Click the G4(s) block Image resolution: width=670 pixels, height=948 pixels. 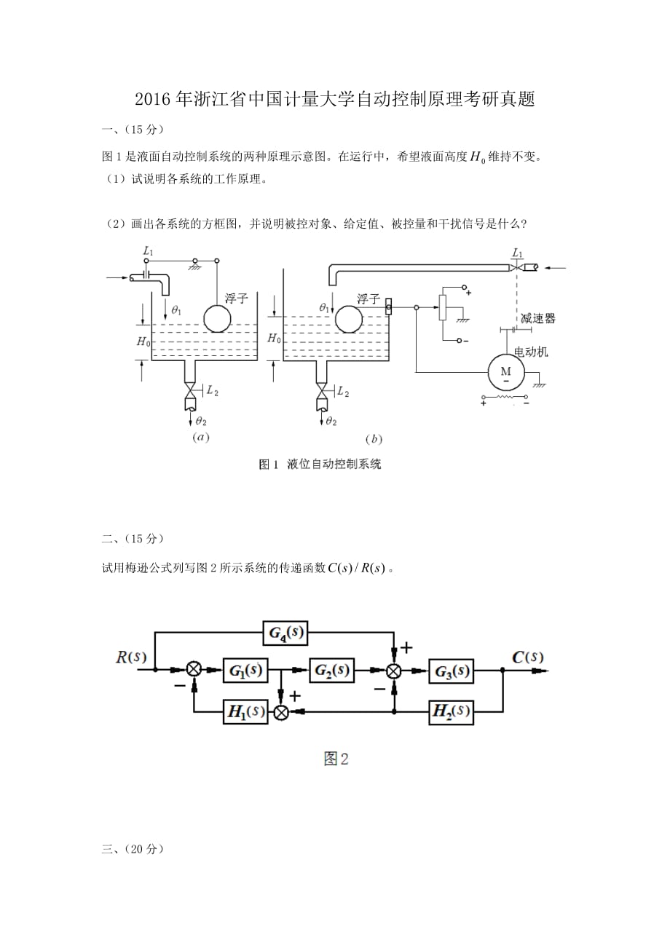point(285,634)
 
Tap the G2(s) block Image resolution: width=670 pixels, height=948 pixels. point(331,670)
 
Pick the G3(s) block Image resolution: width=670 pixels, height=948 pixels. point(452,671)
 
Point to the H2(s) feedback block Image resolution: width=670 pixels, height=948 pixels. point(452,712)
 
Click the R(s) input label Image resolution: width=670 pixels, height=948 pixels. point(132,657)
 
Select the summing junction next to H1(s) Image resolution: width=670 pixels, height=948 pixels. point(281,713)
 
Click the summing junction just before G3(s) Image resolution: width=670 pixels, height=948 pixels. point(394,671)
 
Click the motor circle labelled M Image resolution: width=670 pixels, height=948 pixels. point(505,372)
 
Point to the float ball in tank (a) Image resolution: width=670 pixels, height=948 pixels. point(217,317)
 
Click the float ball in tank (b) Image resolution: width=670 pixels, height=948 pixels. point(349,317)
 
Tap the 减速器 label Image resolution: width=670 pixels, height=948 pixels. point(539,318)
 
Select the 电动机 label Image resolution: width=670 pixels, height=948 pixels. point(532,352)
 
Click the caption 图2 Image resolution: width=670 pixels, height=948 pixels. point(336,759)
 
